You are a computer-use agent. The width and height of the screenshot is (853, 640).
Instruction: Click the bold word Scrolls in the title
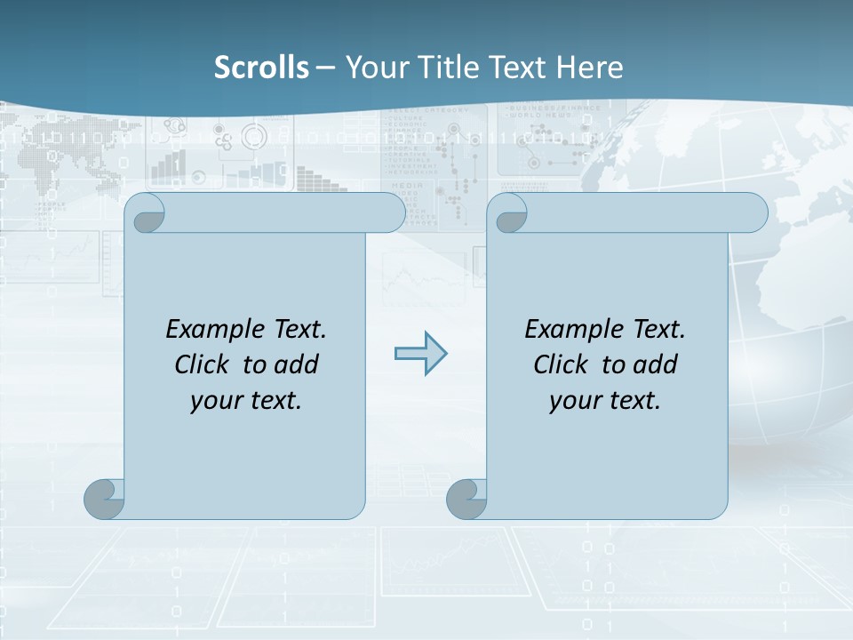262,68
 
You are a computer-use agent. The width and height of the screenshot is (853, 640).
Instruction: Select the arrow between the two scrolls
420,354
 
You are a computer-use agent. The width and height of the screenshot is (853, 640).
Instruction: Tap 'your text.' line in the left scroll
246,401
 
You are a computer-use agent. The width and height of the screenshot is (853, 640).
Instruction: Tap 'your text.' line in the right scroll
605,401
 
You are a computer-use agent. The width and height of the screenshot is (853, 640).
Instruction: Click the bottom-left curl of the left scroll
104,500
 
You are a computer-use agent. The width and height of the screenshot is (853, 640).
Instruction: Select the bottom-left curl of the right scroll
466,500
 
